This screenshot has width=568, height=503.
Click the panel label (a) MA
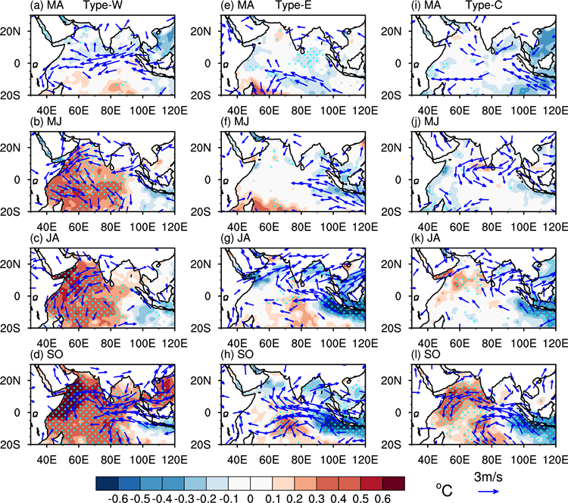[45, 6]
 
